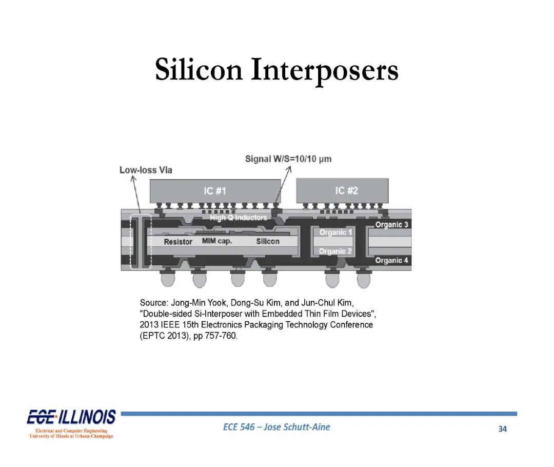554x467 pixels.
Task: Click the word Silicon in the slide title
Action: (199, 69)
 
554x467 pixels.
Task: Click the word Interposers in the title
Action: (325, 71)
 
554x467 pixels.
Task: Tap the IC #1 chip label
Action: (215, 191)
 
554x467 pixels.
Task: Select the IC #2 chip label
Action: (347, 191)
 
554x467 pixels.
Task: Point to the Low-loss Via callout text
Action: (146, 170)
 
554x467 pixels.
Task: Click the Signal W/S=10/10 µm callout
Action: (288, 159)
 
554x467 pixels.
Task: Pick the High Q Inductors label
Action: (239, 218)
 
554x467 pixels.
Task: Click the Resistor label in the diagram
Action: (178, 242)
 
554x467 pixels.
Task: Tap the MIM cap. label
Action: (217, 241)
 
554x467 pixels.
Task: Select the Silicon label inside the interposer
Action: (268, 241)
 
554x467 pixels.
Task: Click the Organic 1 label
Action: (335, 232)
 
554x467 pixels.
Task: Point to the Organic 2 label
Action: (335, 251)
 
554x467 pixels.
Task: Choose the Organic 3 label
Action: (391, 225)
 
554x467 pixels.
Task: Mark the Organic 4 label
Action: (391, 261)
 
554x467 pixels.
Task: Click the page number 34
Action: (502, 429)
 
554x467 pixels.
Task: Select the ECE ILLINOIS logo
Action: (71, 424)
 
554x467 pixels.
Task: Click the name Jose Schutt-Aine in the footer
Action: (297, 427)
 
